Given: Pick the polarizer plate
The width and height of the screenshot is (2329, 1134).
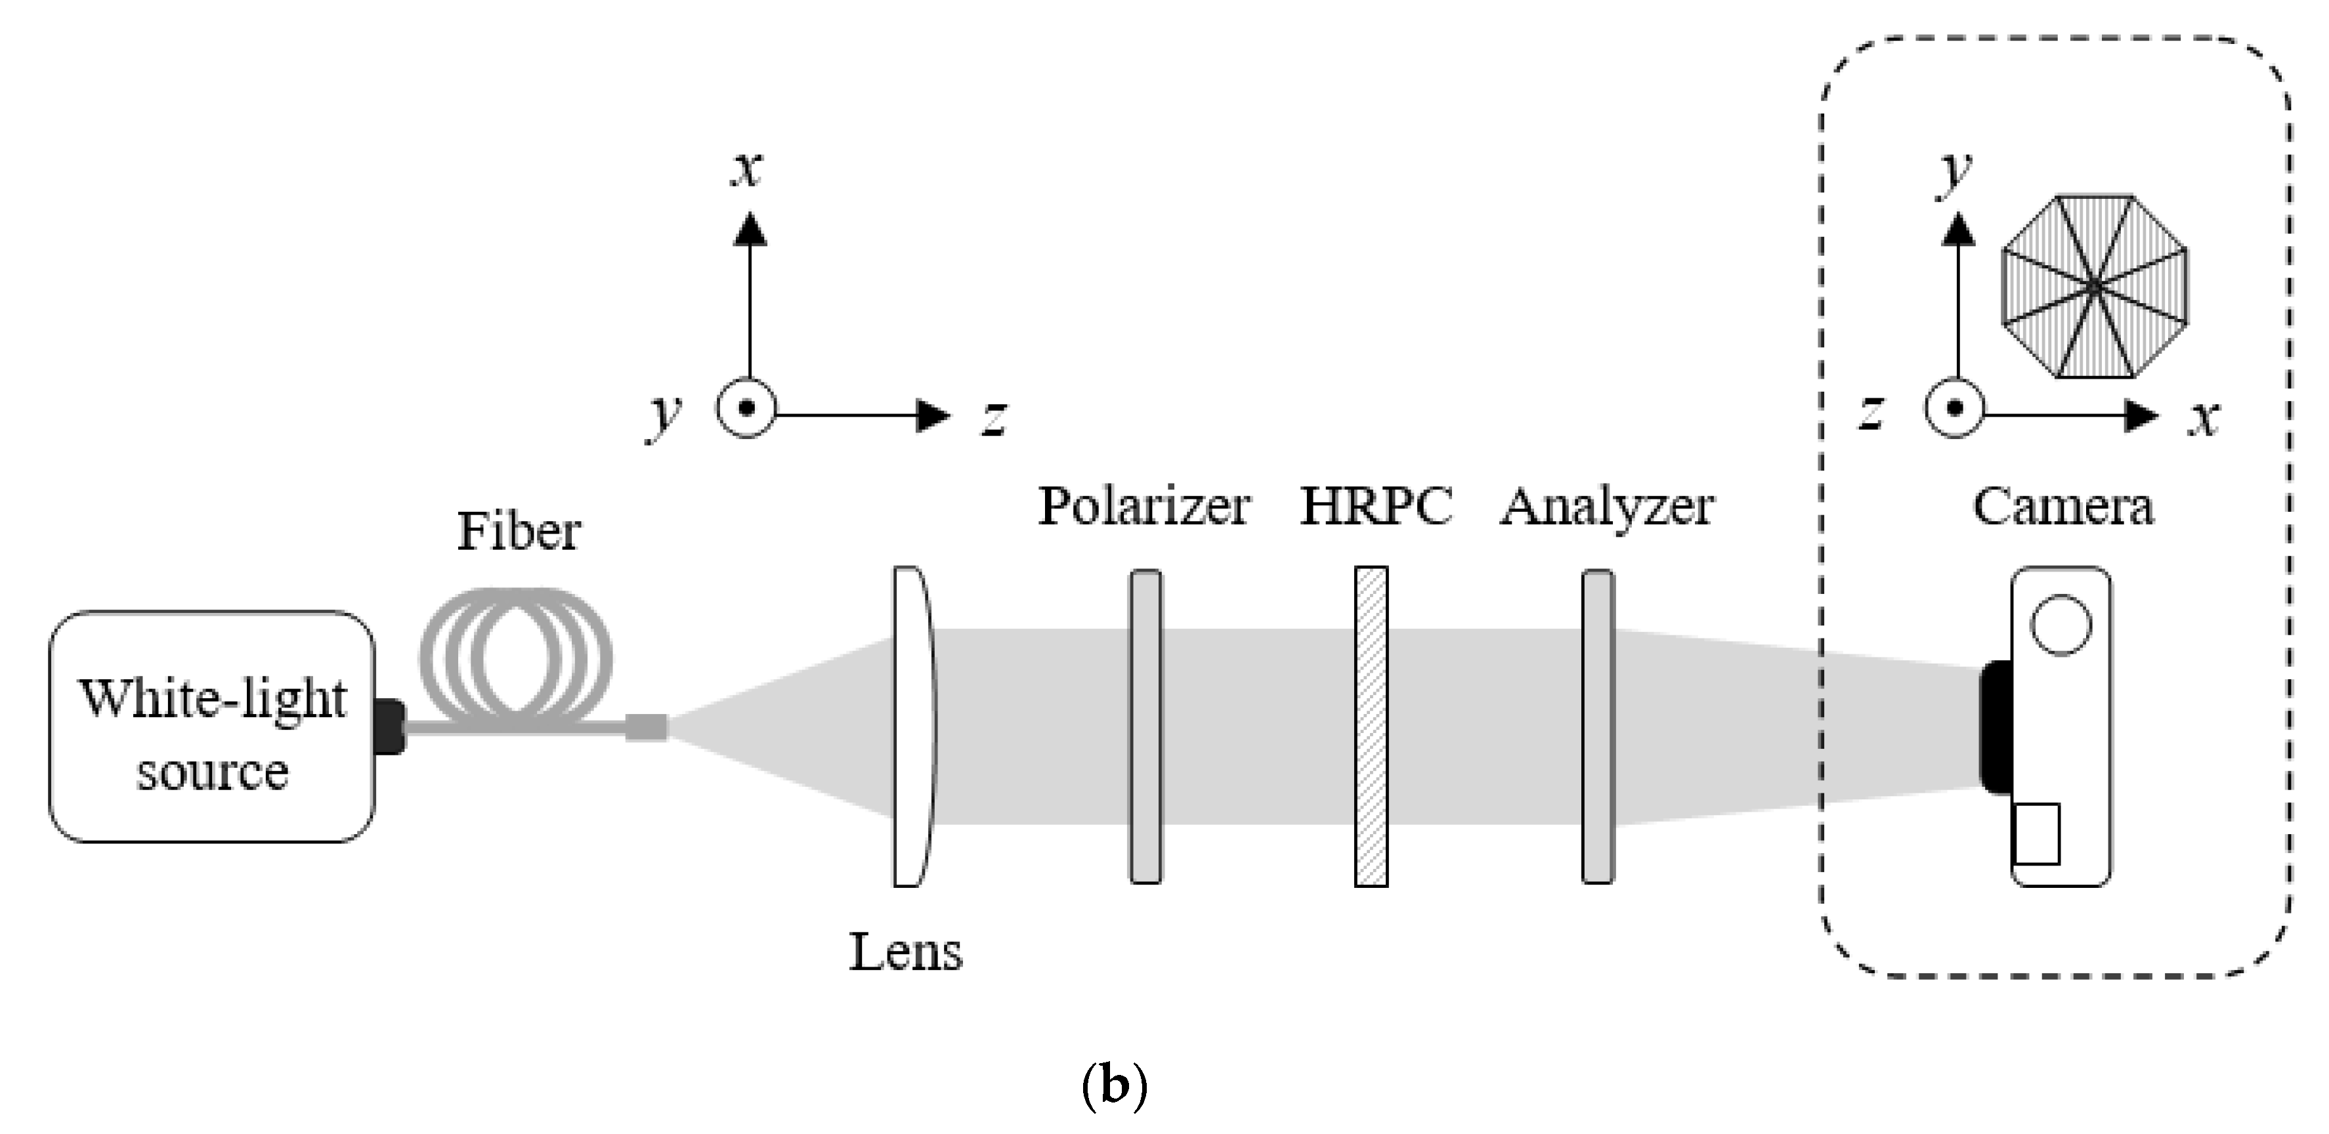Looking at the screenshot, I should point(1145,727).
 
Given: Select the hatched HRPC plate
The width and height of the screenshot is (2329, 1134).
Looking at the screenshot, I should point(1371,727).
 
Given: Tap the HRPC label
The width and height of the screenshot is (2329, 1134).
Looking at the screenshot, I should point(1375,506).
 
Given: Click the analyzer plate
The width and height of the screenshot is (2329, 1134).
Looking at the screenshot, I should point(1598,727).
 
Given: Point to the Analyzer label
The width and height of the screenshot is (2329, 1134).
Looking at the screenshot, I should point(1607,506).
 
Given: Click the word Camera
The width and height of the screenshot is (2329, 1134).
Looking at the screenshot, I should point(2062,506).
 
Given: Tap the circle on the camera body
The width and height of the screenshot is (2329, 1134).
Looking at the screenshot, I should point(2061,624).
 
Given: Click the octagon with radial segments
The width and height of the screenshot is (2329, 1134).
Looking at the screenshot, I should point(2095,286).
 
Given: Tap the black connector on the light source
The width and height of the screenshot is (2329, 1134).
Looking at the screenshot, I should point(391,726).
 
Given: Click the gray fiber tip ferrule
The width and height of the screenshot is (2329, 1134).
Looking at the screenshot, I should point(647,727).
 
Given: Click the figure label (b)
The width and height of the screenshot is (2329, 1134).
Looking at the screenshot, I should point(1114,1085).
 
